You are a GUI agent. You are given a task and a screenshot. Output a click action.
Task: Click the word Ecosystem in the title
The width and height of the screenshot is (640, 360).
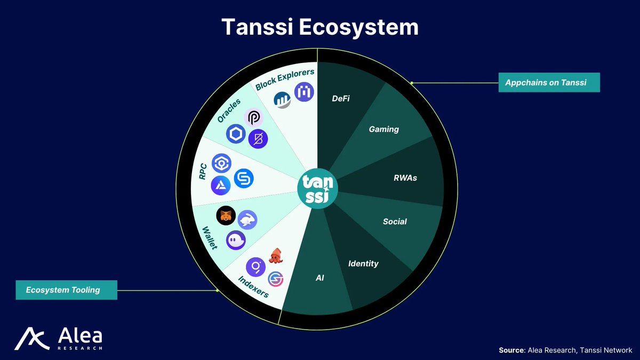pyautogui.click(x=358, y=28)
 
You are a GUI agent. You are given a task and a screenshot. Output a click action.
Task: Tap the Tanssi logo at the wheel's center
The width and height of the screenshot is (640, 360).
pyautogui.click(x=317, y=189)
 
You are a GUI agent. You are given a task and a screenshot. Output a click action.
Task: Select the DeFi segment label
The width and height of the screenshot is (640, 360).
pyautogui.click(x=341, y=99)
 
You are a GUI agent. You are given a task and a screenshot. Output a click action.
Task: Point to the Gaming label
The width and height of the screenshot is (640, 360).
pyautogui.click(x=383, y=130)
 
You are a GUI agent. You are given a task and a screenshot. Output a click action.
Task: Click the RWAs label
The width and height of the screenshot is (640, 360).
pyautogui.click(x=405, y=178)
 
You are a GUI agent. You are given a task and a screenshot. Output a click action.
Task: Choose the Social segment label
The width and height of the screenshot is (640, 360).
pyautogui.click(x=395, y=221)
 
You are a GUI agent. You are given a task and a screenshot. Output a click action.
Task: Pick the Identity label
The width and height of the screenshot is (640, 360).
pyautogui.click(x=363, y=263)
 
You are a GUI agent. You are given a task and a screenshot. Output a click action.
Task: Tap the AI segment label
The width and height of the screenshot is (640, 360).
pyautogui.click(x=319, y=278)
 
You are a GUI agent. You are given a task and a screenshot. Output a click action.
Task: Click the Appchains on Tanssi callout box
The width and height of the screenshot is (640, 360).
pyautogui.click(x=549, y=83)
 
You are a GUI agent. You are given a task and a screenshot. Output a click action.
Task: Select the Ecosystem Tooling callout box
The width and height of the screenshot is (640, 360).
pyautogui.click(x=66, y=290)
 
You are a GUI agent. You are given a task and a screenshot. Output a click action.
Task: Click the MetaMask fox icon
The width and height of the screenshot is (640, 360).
pyautogui.click(x=226, y=215)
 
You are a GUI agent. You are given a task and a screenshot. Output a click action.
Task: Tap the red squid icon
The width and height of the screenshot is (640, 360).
pyautogui.click(x=276, y=255)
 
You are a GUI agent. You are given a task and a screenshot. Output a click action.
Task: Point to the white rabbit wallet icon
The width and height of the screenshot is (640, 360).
pyautogui.click(x=247, y=220)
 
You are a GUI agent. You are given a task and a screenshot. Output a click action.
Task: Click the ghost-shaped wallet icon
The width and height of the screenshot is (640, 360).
pyautogui.click(x=236, y=241)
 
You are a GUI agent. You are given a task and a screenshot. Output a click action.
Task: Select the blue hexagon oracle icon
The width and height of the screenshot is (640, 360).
pyautogui.click(x=236, y=134)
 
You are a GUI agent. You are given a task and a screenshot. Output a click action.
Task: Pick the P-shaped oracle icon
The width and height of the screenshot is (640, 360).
pyautogui.click(x=253, y=118)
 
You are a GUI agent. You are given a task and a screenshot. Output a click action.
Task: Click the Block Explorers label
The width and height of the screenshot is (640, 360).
pyautogui.click(x=285, y=79)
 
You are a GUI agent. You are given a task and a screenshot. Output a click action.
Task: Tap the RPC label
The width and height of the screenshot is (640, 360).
pyautogui.click(x=203, y=171)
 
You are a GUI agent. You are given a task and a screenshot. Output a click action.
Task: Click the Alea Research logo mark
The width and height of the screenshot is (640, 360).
pyautogui.click(x=31, y=339)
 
